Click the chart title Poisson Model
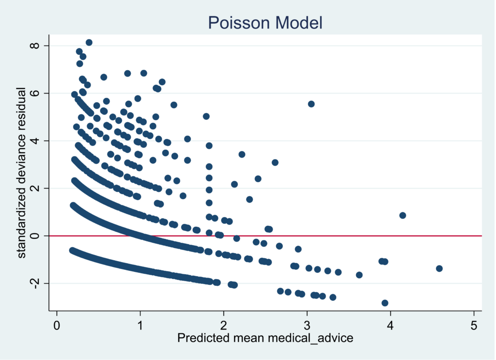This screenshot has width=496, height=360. [x=265, y=22]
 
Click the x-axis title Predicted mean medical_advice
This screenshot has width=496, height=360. [x=265, y=338]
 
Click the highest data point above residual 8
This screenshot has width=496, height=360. [x=89, y=43]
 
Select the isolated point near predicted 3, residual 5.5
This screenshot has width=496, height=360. [x=311, y=104]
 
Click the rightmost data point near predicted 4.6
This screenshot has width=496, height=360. [x=439, y=268]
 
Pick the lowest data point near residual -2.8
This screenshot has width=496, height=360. [x=385, y=303]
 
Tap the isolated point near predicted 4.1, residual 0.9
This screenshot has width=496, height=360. [x=403, y=215]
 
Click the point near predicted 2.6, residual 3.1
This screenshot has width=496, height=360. [x=275, y=162]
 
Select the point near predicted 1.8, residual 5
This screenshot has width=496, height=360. [x=206, y=116]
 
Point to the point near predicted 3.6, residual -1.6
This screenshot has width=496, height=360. [x=359, y=275]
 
